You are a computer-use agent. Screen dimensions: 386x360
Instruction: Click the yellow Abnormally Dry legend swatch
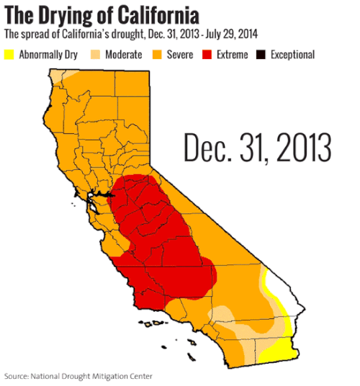click(x=9, y=55)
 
